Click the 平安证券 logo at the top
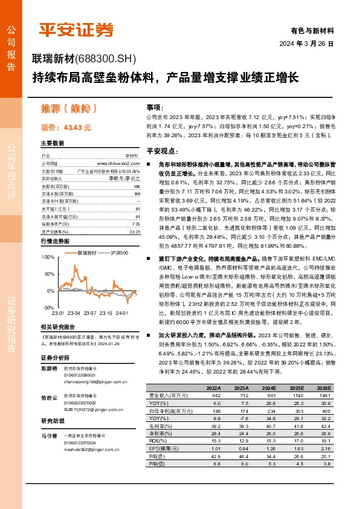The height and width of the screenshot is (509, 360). pyautogui.click(x=76, y=28)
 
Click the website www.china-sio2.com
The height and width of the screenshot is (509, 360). pyautogui.click(x=118, y=164)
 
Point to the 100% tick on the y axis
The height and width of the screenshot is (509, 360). pyautogui.click(x=47, y=257)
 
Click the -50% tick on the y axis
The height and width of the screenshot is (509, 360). pyautogui.click(x=48, y=307)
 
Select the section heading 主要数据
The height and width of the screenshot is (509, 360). pyautogui.click(x=53, y=143)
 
